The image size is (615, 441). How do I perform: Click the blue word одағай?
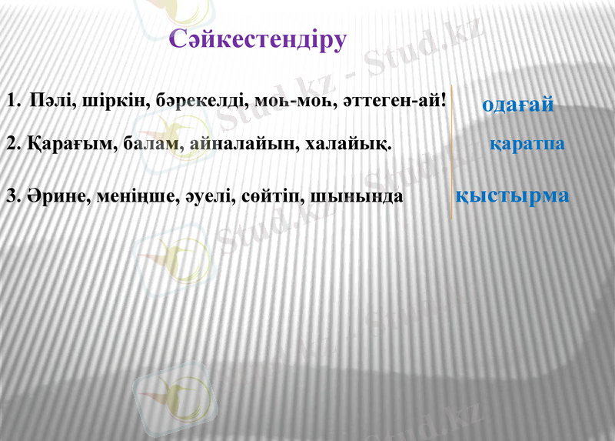[517, 105]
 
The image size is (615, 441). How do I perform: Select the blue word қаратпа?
[527, 144]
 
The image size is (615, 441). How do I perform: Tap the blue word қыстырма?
[512, 195]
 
